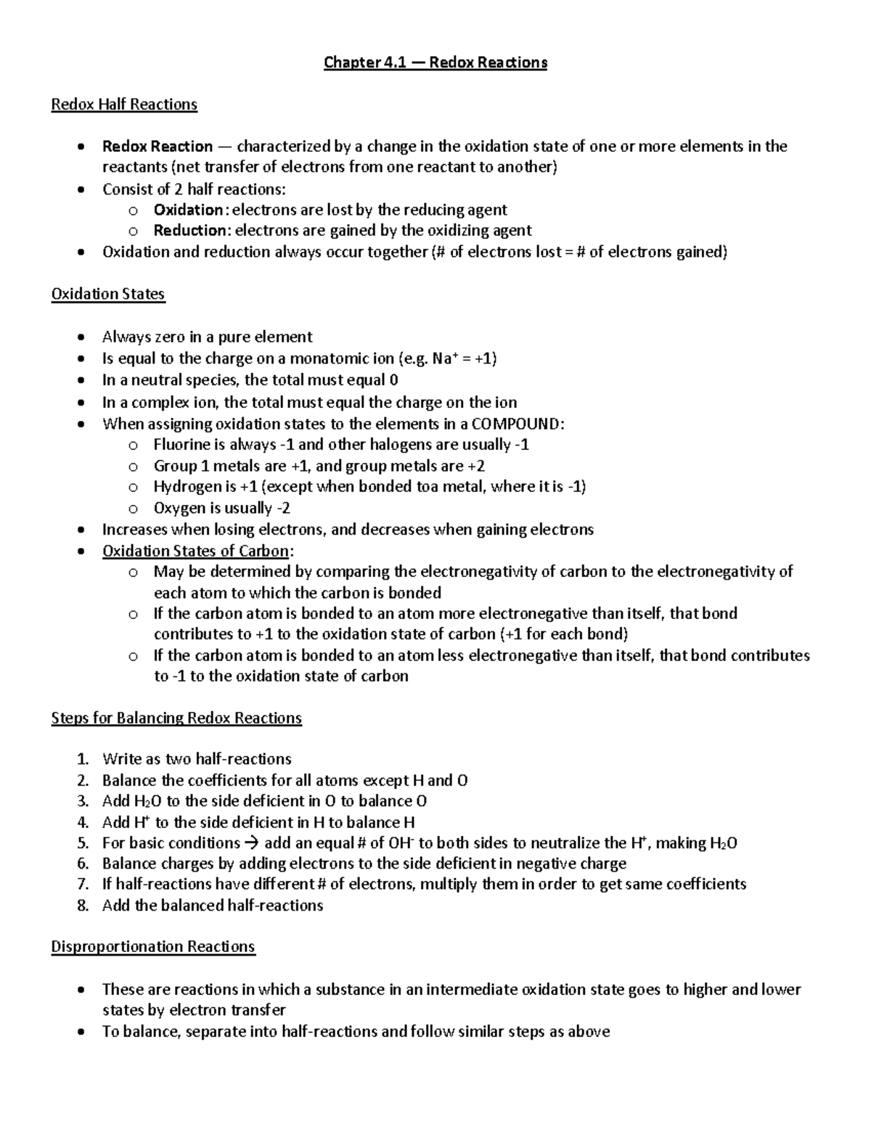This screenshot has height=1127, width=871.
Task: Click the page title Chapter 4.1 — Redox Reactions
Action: (435, 62)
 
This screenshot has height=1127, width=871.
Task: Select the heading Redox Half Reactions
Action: (124, 104)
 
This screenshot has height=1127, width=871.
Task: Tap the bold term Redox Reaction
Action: (158, 147)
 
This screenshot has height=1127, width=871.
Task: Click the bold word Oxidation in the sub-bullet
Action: (188, 210)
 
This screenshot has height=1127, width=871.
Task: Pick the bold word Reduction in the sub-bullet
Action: (190, 231)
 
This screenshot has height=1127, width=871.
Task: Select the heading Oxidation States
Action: (108, 294)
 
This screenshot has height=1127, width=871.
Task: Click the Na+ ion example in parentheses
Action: (441, 358)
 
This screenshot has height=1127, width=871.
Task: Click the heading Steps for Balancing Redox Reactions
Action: (176, 718)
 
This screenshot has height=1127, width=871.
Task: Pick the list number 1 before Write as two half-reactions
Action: (82, 759)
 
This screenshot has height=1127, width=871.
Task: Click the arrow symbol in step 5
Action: (252, 843)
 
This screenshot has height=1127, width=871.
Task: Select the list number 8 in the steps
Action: (82, 906)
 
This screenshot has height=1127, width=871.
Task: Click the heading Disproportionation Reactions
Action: (153, 947)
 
